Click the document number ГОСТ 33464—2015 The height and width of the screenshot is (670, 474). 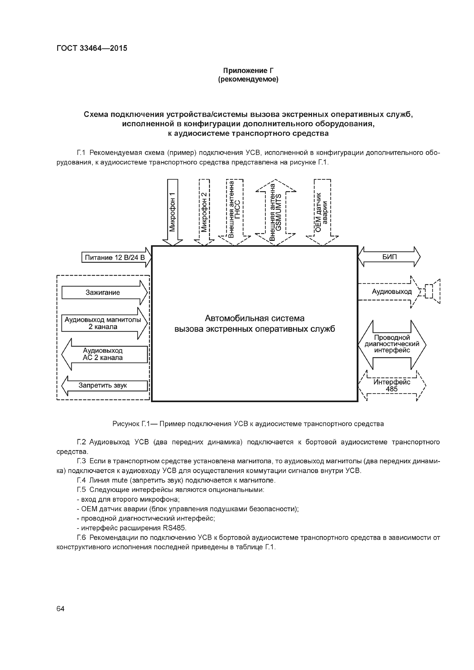92,48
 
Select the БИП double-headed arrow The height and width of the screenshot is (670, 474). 389,257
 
